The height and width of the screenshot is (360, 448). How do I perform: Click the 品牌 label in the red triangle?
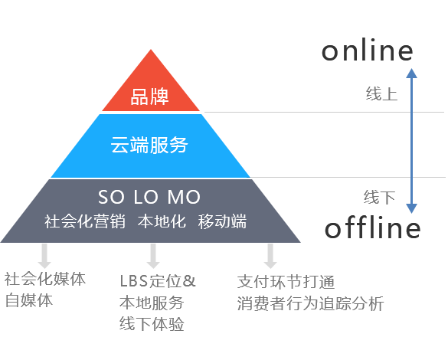[149, 97]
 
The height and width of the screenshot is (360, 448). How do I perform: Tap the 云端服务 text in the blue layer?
[149, 145]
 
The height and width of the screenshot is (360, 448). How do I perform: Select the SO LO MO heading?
[149, 197]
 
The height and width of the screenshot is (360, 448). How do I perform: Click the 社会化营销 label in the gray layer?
[85, 221]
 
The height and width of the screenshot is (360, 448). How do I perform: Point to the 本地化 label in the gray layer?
[162, 221]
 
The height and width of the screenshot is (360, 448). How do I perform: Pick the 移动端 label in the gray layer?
[222, 221]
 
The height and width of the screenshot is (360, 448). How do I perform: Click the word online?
[368, 50]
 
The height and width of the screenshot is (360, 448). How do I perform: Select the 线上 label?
[381, 93]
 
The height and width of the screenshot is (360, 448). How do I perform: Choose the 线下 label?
[379, 197]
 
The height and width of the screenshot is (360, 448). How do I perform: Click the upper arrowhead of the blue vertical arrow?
[411, 73]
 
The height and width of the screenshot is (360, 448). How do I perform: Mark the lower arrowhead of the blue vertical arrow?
[411, 208]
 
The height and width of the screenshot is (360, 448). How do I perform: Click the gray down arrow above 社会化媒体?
[44, 256]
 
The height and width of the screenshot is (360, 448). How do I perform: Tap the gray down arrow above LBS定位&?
[153, 256]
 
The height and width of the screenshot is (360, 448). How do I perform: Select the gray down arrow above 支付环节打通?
[270, 256]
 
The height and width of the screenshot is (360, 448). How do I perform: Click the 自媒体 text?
[29, 300]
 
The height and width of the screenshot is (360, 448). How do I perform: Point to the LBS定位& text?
[158, 281]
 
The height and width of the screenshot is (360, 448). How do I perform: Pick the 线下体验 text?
[152, 324]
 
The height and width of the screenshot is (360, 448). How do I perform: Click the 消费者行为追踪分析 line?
[311, 303]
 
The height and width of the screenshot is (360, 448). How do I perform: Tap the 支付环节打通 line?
[286, 282]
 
